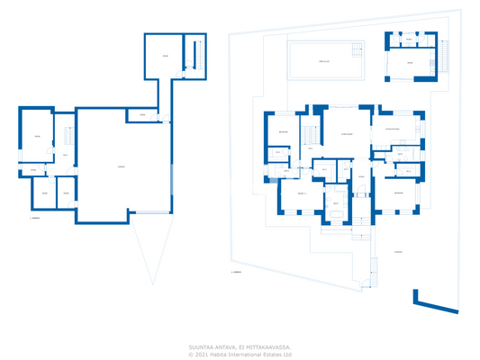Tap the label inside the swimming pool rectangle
coord(324,61)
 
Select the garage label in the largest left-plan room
coord(122,167)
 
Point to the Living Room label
coord(347,134)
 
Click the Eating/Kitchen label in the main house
coord(394,130)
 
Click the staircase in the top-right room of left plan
coord(190,55)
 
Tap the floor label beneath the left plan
coord(35,218)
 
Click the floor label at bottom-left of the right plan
coord(236,272)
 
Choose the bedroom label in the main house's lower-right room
coord(398,192)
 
